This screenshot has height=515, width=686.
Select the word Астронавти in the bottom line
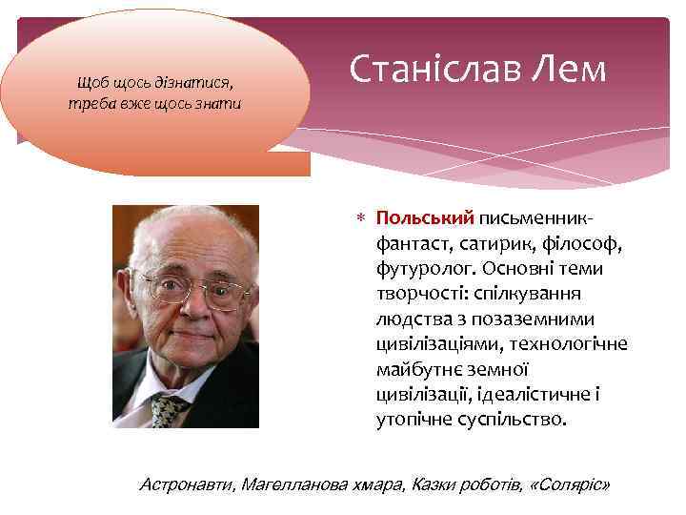(186, 485)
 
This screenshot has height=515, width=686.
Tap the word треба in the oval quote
(91, 103)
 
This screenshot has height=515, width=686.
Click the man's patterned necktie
(169, 410)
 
